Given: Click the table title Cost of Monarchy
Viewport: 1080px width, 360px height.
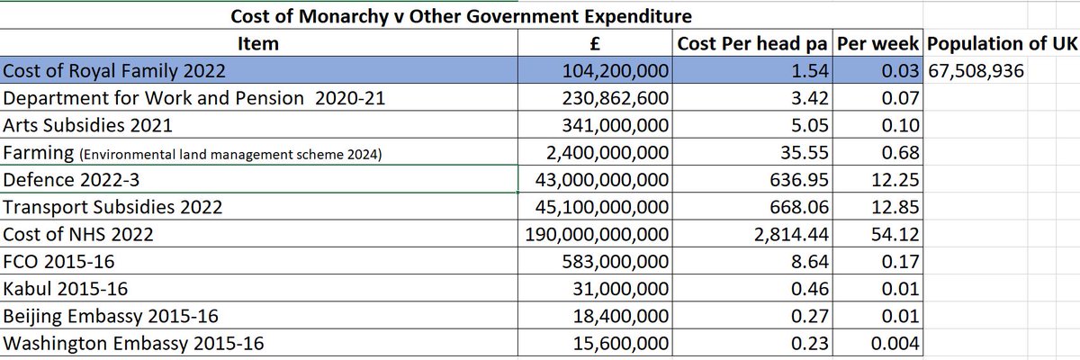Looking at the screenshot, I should [462, 17].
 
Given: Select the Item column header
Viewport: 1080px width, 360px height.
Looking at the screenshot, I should [257, 43].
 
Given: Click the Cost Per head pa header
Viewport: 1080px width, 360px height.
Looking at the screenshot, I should [752, 43].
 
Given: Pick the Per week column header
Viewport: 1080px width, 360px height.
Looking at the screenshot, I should [877, 43].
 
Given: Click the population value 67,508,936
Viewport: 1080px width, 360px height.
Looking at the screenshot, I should [976, 70].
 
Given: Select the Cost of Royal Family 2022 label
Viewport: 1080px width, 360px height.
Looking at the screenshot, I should [113, 70].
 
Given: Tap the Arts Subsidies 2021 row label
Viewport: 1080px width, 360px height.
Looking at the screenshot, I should [87, 125].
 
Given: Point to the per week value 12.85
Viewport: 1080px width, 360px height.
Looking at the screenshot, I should [895, 207].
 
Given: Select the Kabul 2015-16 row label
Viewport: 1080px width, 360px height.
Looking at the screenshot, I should [65, 289].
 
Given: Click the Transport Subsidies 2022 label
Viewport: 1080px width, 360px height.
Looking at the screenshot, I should [112, 207].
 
